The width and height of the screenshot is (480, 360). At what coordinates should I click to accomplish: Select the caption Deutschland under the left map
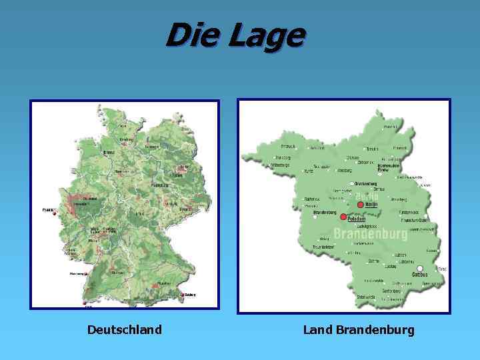click(124, 329)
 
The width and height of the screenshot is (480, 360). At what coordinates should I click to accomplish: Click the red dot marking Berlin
click(360, 205)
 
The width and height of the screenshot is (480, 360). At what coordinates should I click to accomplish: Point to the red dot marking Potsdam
click(343, 217)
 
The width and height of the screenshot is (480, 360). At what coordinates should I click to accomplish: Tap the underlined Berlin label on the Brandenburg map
click(372, 205)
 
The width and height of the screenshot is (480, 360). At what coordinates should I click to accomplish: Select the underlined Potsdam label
click(357, 218)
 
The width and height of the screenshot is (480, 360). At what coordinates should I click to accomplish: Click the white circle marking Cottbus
click(420, 269)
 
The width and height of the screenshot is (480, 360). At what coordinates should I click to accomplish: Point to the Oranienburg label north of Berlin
click(365, 183)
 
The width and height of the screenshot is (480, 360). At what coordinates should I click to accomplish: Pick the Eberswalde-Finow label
click(388, 167)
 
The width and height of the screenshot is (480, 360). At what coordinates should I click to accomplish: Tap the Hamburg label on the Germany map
click(126, 140)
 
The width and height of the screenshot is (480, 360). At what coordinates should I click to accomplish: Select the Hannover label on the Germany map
click(122, 171)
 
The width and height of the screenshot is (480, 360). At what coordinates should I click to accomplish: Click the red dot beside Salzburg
click(181, 295)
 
